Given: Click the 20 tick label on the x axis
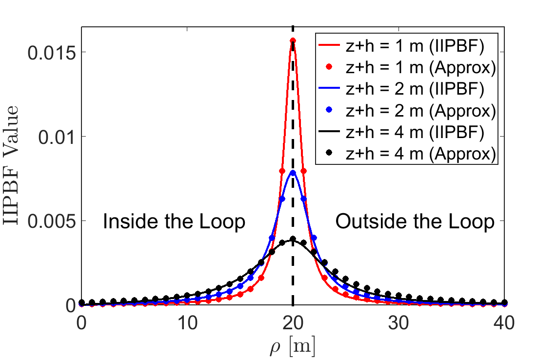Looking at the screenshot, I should [293, 323].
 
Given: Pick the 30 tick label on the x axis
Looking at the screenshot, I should [398, 323].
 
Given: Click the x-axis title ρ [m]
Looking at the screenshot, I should [292, 347].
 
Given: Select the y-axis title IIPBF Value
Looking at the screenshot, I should [13, 165].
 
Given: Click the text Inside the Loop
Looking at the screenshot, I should [174, 222].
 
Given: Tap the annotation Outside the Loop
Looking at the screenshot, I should [415, 222].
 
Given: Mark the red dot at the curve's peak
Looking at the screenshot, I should [293, 40].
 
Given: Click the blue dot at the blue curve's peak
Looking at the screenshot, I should [293, 172].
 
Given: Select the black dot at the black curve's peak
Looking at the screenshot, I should [293, 239].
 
